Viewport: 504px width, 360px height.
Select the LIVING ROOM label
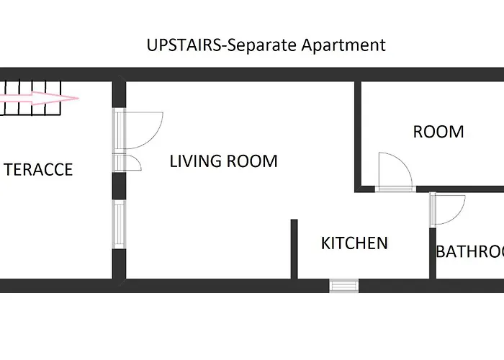point(223,161)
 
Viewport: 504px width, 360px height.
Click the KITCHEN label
point(354,243)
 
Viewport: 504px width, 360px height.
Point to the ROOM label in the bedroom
point(438,132)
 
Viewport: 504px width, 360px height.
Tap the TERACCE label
point(38,170)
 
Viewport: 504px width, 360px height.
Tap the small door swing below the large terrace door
point(132,163)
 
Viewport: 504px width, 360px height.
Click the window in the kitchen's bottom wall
point(343,285)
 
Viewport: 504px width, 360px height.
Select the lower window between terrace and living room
point(120,224)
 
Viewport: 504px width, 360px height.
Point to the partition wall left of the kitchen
point(294,248)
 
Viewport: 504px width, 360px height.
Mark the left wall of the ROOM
point(357,137)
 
